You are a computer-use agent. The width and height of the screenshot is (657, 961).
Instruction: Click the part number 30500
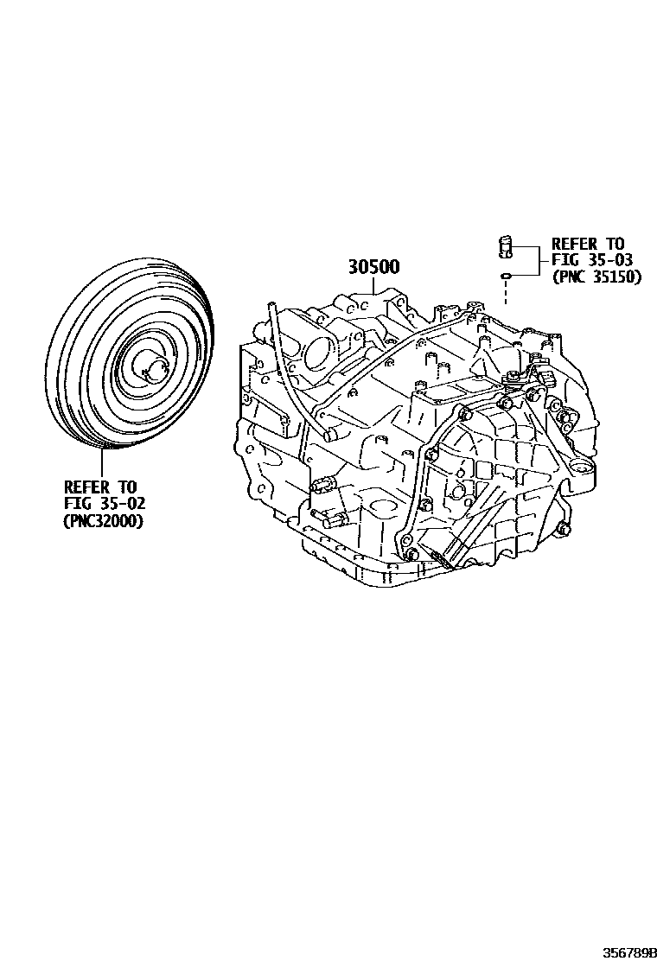point(373,267)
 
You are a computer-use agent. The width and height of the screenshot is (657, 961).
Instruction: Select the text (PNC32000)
point(103,521)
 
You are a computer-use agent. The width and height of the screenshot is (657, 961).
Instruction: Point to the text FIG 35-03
point(587,261)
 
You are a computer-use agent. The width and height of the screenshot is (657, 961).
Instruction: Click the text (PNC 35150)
point(596,278)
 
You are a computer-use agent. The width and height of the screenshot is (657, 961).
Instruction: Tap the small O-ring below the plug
point(506,277)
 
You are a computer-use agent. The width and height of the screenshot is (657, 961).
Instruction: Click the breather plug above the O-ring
point(506,245)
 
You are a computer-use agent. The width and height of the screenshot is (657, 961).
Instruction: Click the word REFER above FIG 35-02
point(86,487)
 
